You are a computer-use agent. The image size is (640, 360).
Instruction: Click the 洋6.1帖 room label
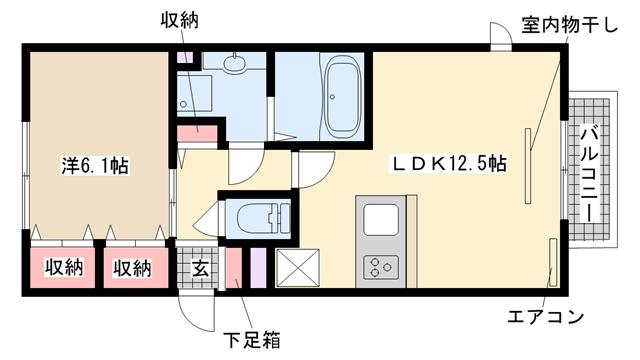click(95, 166)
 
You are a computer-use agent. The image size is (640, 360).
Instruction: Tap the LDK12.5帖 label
click(449, 164)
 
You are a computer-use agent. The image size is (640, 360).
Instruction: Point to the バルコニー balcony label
click(589, 174)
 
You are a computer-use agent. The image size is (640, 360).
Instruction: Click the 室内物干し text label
click(569, 26)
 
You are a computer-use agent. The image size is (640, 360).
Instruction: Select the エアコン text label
click(545, 316)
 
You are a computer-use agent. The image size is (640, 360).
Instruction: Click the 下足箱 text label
click(252, 340)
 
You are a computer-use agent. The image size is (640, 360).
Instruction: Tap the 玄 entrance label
click(200, 268)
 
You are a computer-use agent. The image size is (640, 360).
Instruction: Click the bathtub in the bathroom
click(342, 97)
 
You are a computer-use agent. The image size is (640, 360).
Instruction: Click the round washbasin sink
click(234, 62)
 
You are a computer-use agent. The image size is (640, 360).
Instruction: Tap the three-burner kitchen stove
click(381, 267)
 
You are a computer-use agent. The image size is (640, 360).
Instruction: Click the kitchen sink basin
click(381, 219)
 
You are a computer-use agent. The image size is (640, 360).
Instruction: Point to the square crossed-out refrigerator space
click(298, 268)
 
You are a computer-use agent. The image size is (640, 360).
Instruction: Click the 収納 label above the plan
click(179, 20)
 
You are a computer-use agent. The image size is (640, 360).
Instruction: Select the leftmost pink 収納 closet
click(62, 268)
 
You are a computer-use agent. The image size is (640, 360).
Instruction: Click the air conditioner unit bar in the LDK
click(553, 262)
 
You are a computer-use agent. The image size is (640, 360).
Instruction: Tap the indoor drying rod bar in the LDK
click(528, 166)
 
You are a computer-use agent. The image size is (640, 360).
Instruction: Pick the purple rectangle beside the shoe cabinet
click(258, 268)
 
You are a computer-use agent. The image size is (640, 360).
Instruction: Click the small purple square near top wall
click(184, 57)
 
